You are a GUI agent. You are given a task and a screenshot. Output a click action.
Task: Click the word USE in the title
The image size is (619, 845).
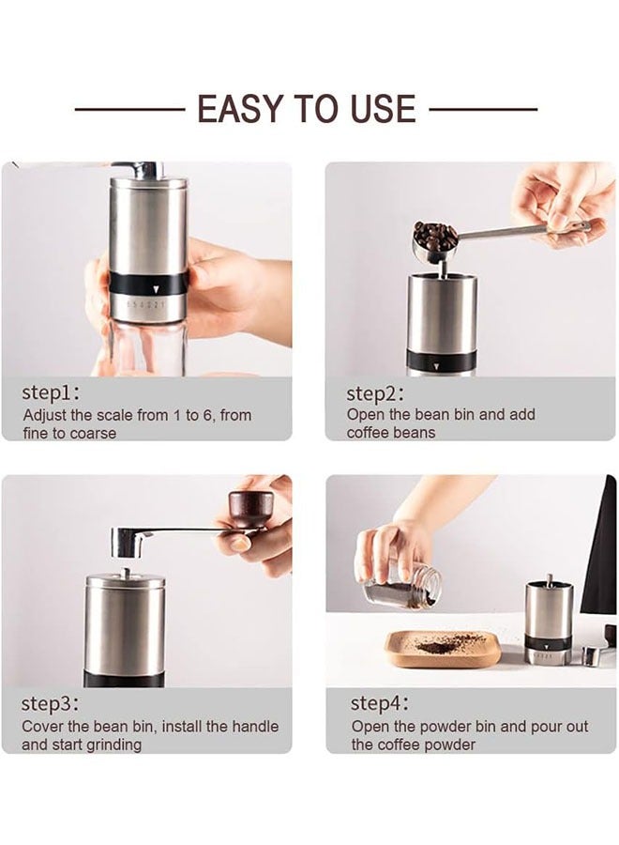[x=375, y=110]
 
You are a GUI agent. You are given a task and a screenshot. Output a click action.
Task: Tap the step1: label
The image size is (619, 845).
[x=51, y=392]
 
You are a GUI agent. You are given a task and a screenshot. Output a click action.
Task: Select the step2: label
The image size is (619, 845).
[x=376, y=393]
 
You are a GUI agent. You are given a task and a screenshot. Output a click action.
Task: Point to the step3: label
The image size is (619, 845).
[x=51, y=703]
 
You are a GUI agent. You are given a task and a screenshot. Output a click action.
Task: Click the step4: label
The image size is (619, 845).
[x=380, y=703]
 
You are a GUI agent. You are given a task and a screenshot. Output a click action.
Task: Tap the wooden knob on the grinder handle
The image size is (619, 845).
[x=252, y=511]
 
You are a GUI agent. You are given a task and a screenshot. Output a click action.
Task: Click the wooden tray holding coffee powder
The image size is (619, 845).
[x=442, y=649]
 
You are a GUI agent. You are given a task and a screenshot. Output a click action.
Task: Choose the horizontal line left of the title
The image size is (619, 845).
[x=129, y=110]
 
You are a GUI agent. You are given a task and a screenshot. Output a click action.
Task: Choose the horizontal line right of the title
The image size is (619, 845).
[x=483, y=110]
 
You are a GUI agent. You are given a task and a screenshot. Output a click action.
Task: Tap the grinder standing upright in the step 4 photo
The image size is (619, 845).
[x=548, y=620]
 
